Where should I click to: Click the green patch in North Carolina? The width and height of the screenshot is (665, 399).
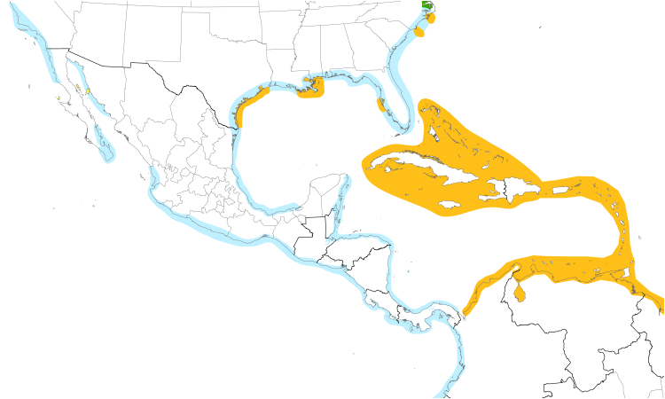(428, 5)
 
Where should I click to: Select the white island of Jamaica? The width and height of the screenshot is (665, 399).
(450, 205)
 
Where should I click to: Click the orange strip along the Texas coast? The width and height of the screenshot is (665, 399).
(245, 118)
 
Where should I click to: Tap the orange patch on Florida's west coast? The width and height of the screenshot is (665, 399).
(381, 106)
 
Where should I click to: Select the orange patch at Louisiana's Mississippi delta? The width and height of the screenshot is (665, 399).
(312, 90)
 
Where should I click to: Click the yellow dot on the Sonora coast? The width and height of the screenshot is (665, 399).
(89, 91)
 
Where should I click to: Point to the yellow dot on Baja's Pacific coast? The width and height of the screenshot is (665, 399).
(58, 98)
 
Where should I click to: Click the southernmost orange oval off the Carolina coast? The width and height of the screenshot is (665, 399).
(419, 33)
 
